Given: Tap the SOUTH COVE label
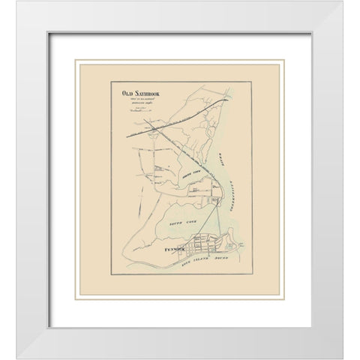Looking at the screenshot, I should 174,223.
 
